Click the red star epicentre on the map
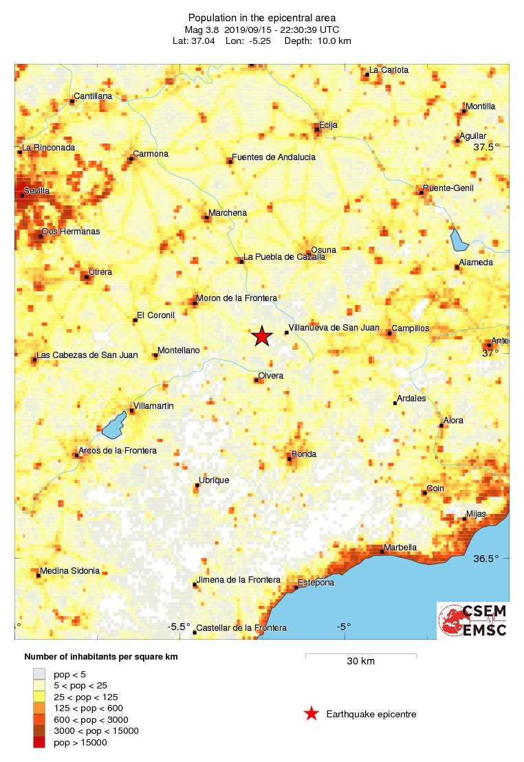261,336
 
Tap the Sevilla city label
37,190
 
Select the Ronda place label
304,453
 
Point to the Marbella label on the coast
400,547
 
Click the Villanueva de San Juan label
334,328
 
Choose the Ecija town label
328,124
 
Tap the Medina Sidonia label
69,570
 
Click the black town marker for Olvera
256,380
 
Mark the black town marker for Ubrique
197,485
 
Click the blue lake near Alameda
458,240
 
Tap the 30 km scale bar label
360,662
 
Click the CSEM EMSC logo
473,621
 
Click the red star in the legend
312,714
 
